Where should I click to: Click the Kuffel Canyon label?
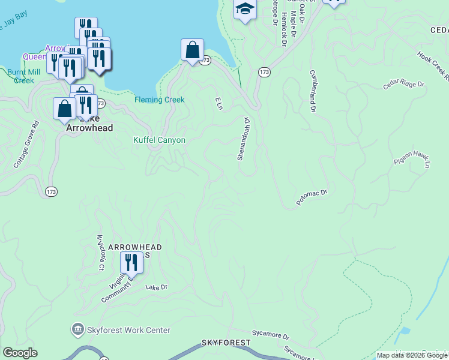159,140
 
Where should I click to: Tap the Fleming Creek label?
159,100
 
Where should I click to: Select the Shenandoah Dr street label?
242,139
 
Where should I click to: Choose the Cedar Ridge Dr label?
403,85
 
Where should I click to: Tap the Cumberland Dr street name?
312,90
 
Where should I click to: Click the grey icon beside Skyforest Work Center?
77,329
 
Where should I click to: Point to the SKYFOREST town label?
226,342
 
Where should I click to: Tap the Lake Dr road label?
156,287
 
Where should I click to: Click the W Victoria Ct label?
101,251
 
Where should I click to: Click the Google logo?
20,353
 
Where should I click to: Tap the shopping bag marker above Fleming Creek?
192,50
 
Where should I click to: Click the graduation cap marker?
245,9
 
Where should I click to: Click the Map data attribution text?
412,355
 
